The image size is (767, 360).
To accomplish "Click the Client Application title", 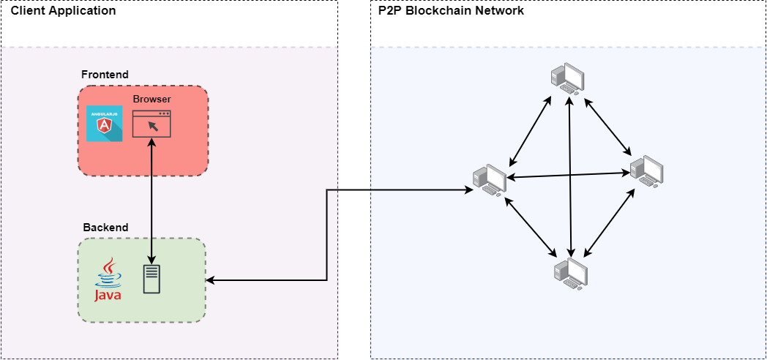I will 63,11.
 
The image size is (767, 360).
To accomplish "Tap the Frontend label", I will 105,75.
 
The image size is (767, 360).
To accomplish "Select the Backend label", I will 105,228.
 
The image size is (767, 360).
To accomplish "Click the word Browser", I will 151,99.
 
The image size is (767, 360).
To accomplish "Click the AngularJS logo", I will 104,124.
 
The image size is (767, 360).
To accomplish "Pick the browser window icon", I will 151,124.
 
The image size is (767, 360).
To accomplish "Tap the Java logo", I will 108,280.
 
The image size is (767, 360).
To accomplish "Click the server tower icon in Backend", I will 151,280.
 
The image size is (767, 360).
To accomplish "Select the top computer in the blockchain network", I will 568,77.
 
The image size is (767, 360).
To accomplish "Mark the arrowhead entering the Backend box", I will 210,280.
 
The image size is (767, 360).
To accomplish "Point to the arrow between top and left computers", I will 530,130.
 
